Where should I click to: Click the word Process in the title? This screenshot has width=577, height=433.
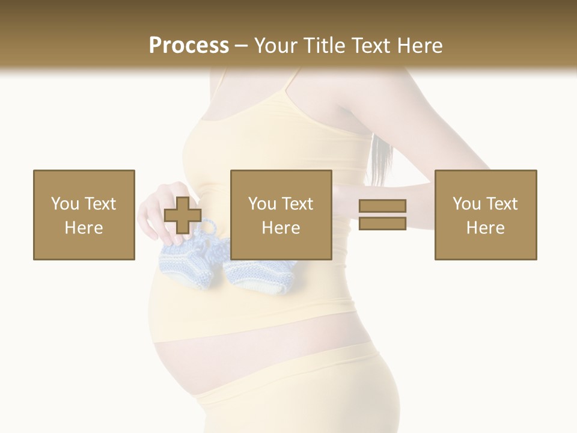[189, 45]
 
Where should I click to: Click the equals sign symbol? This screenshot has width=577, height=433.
[382, 215]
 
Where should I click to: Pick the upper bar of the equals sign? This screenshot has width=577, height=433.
[382, 206]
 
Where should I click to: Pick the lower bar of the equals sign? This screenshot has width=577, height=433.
[382, 223]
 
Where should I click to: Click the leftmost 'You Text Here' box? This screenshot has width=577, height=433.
[84, 215]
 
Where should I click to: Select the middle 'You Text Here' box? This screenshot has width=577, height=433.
[281, 215]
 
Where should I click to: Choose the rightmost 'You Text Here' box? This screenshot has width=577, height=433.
[486, 215]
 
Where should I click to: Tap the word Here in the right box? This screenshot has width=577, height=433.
[486, 228]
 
